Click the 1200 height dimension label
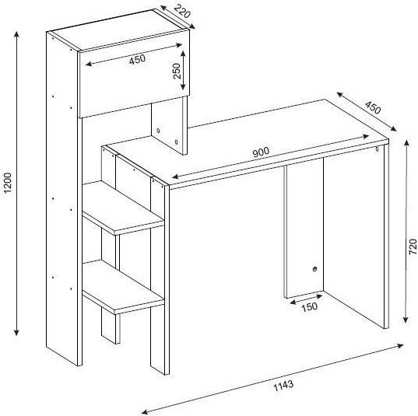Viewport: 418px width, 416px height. coord(8,183)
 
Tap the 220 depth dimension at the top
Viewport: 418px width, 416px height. coord(183,11)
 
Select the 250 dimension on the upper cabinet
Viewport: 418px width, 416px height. coord(177,71)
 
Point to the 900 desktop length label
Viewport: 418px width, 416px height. coord(261,152)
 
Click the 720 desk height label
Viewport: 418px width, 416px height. coord(413,246)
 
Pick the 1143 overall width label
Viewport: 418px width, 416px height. coord(284,386)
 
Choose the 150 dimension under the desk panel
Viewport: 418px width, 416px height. coord(310,307)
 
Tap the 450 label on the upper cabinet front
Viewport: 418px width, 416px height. coord(137,60)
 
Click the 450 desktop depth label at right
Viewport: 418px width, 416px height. coord(373,107)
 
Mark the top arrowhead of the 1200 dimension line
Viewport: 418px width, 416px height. coord(16,34)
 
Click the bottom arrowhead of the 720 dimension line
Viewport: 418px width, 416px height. coord(406,320)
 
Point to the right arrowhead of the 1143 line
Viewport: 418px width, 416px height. coord(400,346)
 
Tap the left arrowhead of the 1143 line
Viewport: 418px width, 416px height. coord(144,412)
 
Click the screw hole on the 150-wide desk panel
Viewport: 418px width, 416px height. coord(314,269)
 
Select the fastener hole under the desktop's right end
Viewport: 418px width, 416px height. coord(377,149)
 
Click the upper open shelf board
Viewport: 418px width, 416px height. coord(123,208)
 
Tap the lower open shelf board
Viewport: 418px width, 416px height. coord(123,288)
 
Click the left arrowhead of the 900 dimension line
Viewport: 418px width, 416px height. coord(175,177)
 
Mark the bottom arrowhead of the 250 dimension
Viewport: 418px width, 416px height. coord(183,86)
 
